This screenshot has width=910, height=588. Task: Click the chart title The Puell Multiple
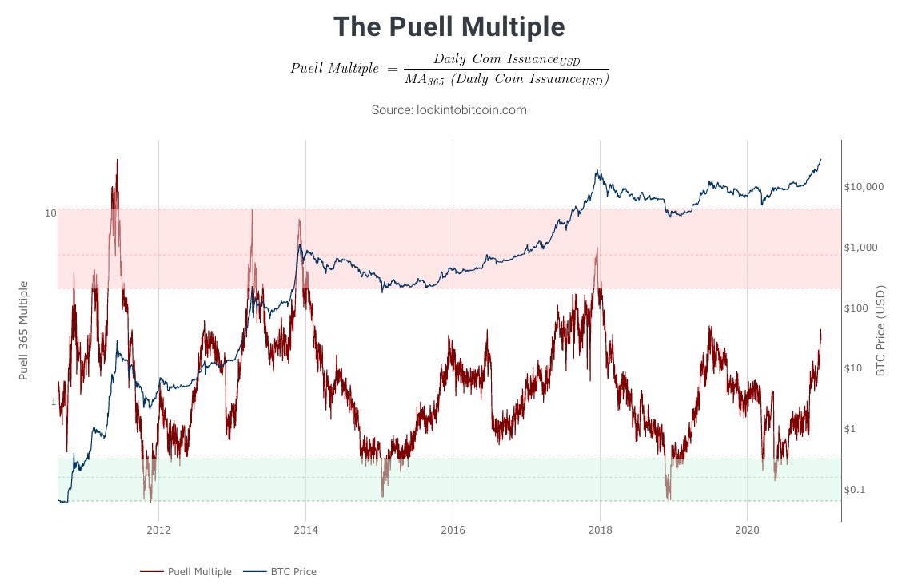(449, 26)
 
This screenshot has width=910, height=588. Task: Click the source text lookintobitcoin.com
(449, 109)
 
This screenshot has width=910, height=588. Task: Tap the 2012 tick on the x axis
(158, 530)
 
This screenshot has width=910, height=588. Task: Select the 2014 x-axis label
(305, 530)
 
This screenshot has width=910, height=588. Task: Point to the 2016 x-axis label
(453, 530)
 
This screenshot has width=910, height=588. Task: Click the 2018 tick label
(600, 530)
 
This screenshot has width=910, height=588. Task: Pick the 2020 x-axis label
(747, 530)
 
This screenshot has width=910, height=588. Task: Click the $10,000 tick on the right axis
(864, 187)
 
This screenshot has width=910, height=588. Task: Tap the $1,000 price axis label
(861, 248)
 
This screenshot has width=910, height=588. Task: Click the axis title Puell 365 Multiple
(24, 330)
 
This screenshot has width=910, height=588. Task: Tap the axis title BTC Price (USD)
(880, 330)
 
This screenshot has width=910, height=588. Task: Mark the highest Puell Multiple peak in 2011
(117, 160)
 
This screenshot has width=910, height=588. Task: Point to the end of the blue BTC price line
(821, 159)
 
